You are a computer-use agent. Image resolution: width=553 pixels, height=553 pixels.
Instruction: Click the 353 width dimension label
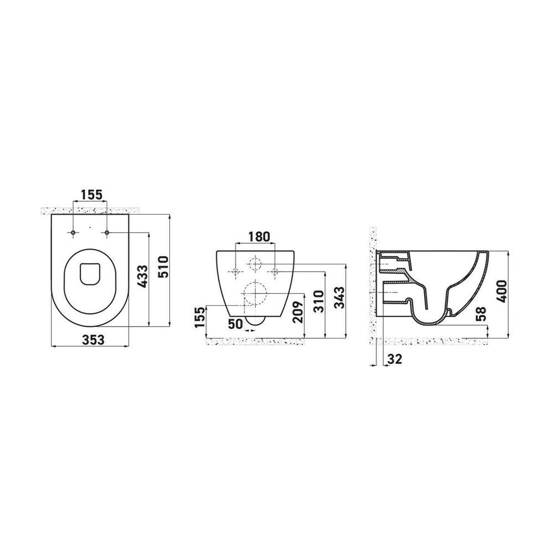coord(93,340)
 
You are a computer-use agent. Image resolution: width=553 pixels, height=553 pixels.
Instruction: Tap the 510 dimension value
coord(164,267)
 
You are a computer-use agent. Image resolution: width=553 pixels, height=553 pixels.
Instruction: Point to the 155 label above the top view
coord(91,194)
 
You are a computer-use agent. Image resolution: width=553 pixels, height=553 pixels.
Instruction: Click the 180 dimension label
coord(259,236)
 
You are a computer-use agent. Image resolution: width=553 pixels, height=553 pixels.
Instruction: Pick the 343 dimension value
coord(339,298)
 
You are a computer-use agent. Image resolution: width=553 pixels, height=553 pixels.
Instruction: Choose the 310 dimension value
coord(318,301)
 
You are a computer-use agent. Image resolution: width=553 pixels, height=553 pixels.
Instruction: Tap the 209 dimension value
coord(298,312)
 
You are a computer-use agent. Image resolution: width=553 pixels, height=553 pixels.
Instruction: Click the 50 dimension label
coord(235,324)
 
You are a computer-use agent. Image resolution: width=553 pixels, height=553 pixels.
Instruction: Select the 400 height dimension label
coord(501,291)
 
